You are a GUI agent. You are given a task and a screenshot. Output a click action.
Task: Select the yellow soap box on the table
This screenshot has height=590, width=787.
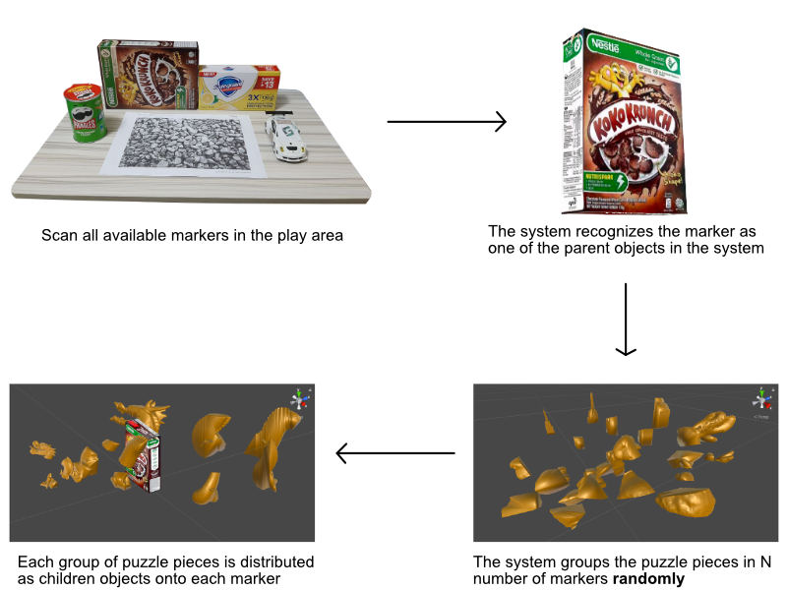(239, 88)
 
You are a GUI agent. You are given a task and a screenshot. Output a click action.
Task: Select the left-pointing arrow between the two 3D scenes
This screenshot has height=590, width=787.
(394, 453)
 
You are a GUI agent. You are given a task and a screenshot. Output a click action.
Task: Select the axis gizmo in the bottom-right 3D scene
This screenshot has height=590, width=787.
(760, 400)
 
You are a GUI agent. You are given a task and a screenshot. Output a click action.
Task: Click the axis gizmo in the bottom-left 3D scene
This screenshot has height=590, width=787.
(299, 398)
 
